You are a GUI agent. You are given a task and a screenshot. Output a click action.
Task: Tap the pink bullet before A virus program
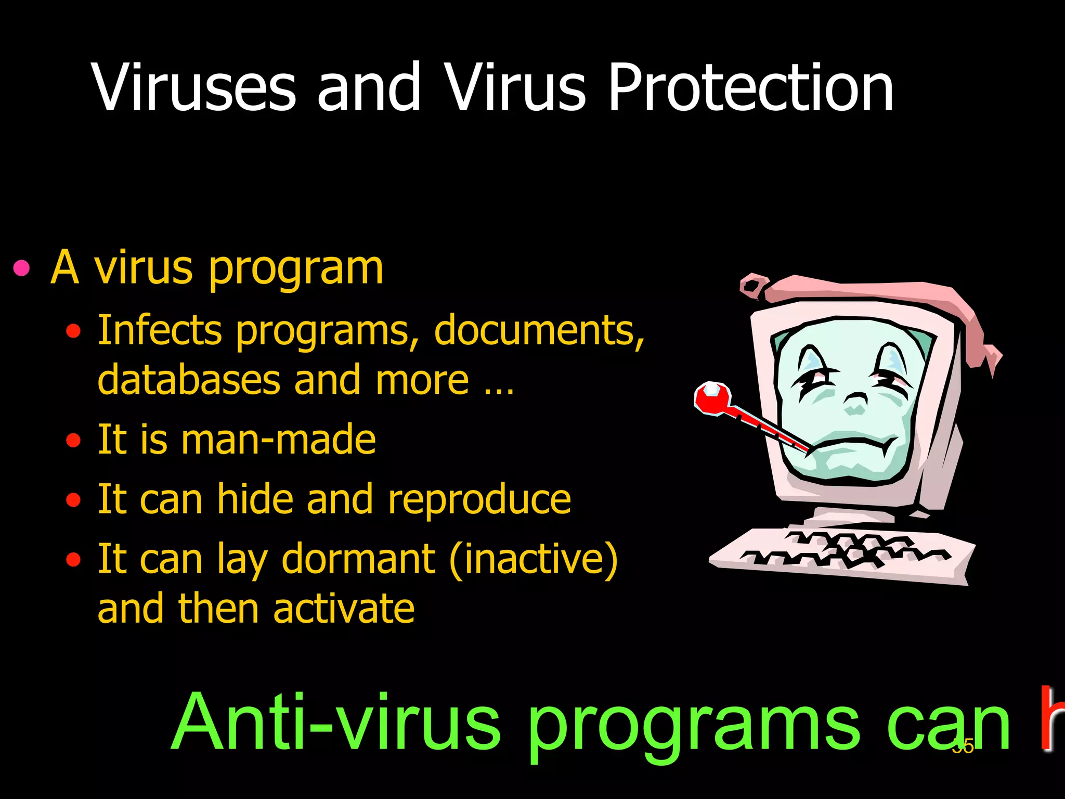pos(21,268)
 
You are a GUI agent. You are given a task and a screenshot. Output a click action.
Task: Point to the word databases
pos(189,380)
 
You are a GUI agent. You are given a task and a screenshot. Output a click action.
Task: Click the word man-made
pos(278,440)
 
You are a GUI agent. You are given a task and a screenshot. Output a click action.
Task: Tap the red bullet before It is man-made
pos(74,441)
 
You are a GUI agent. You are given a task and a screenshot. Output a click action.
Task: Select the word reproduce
pos(479,499)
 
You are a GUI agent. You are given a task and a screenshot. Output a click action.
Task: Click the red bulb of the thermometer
pos(711,398)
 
